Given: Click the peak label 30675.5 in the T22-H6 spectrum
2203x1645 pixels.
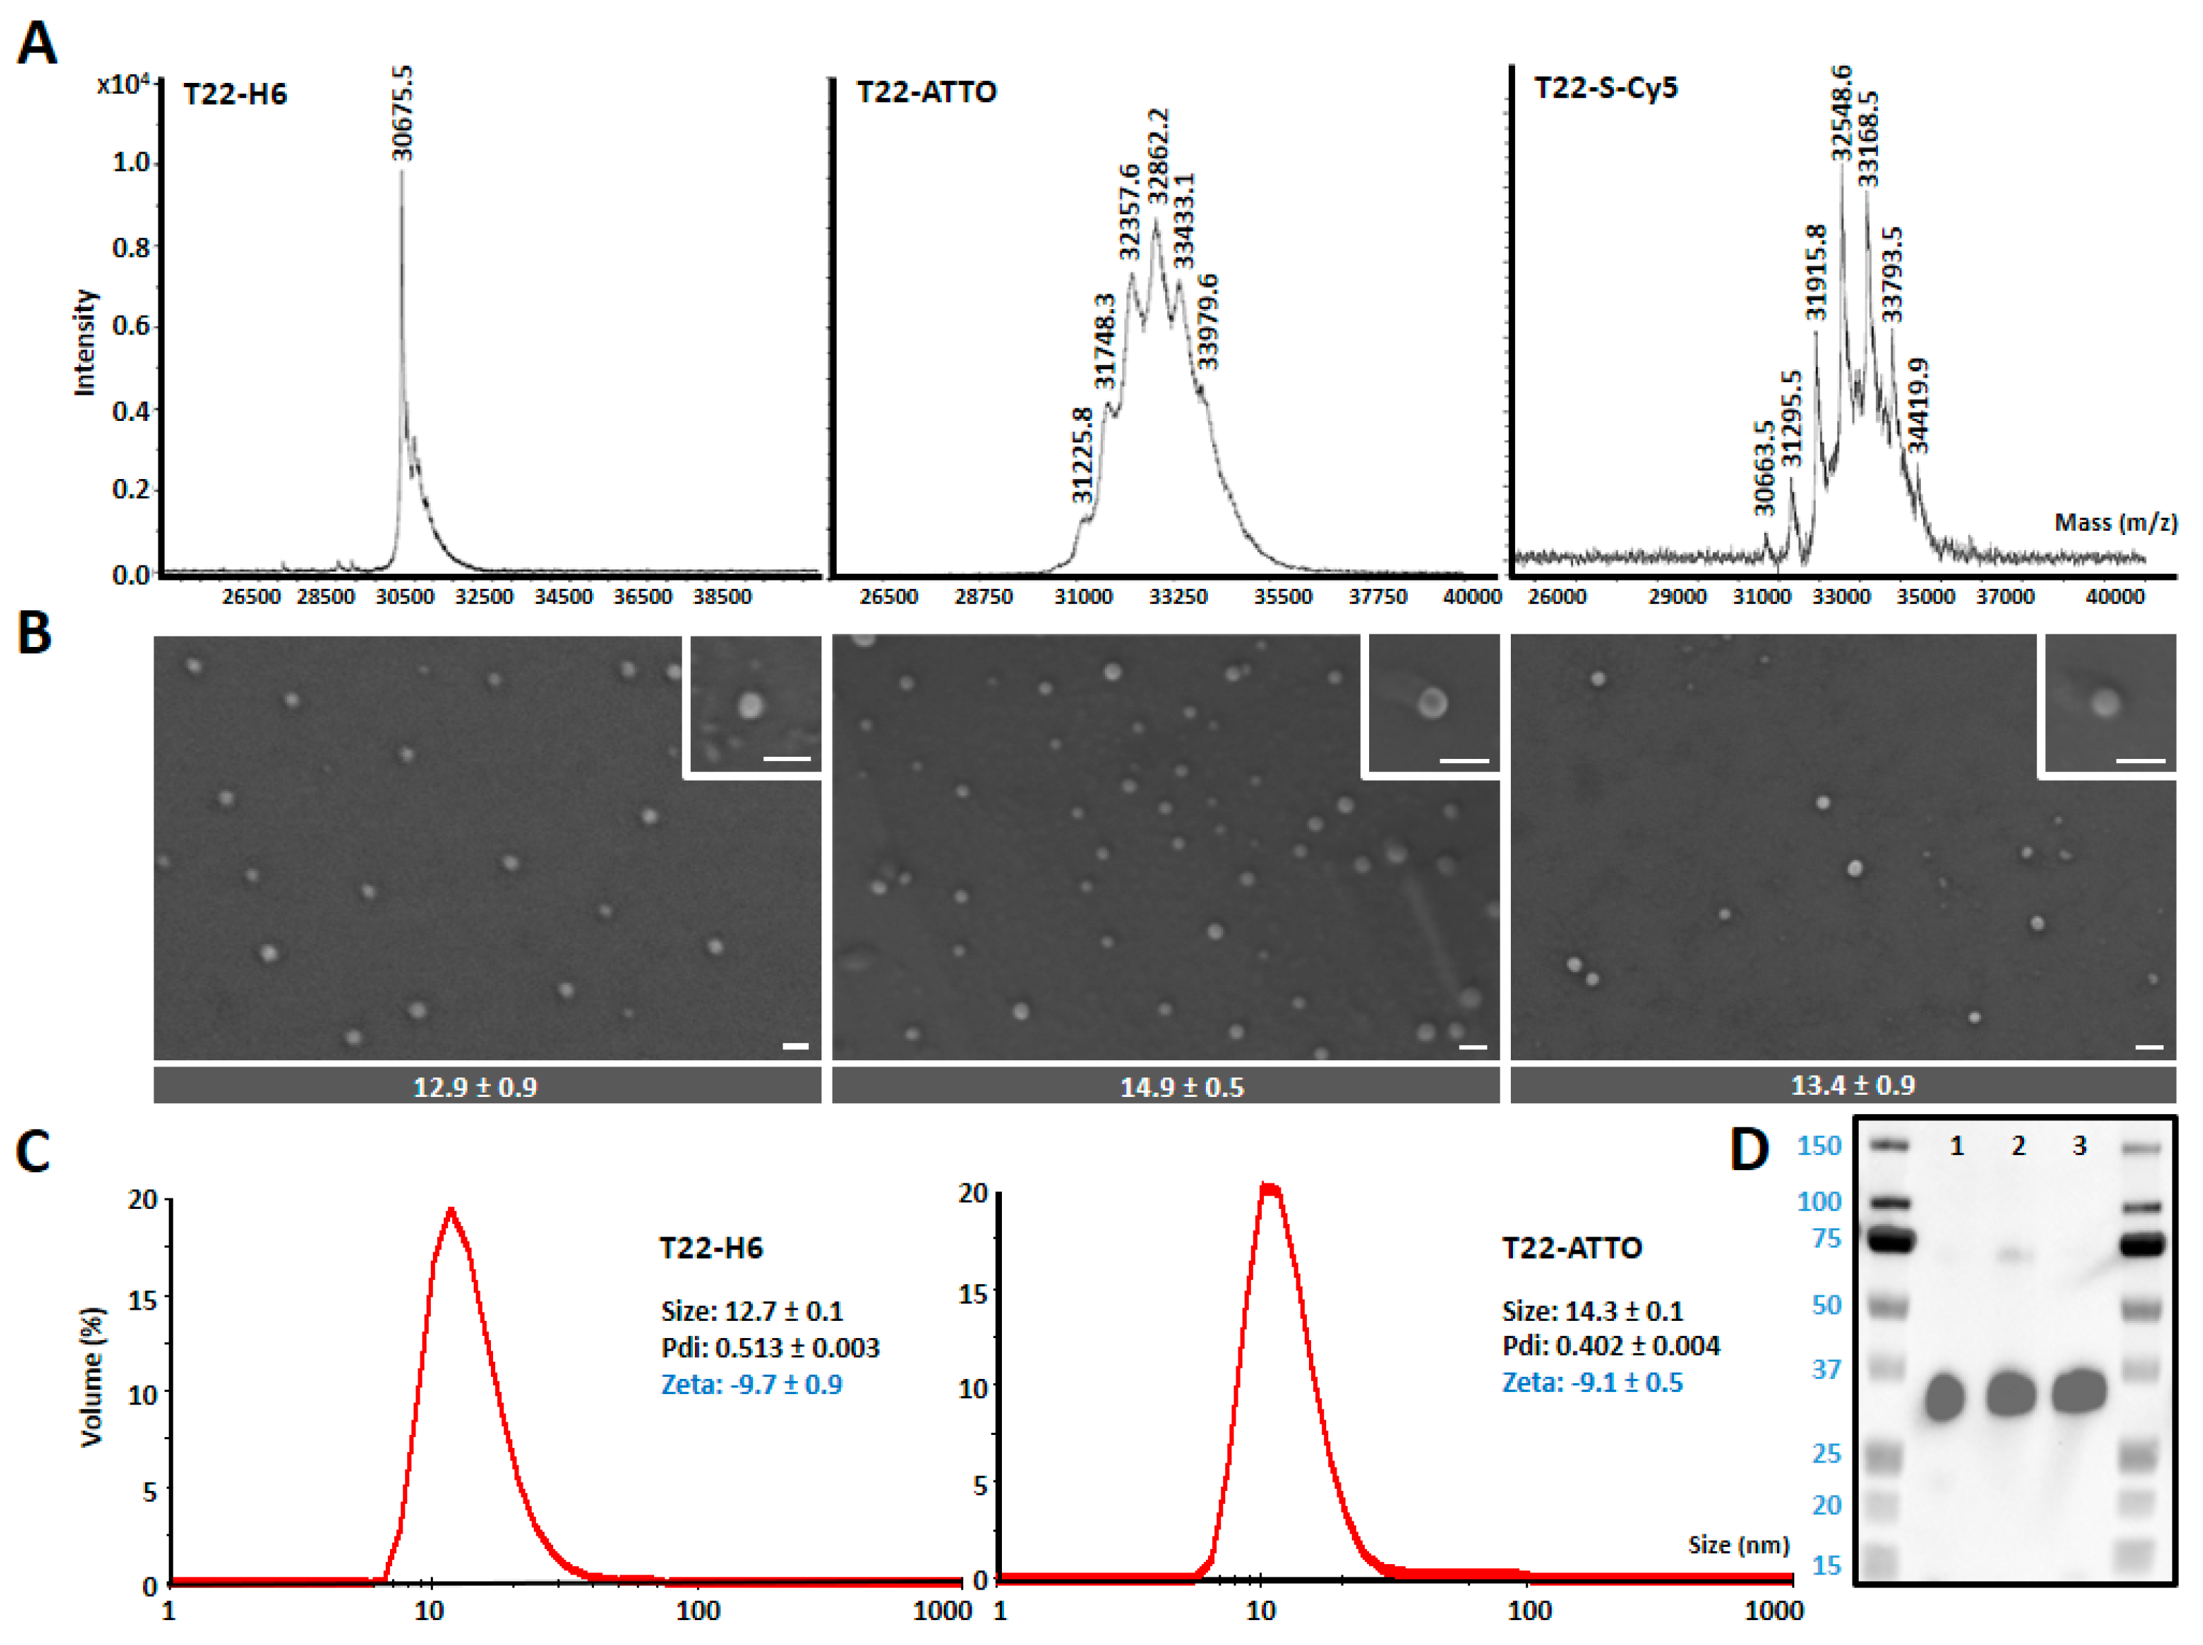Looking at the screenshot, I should (402, 113).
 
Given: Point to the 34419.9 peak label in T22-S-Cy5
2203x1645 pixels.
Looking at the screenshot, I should (1918, 406).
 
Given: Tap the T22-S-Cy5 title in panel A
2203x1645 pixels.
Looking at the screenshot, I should (1606, 88).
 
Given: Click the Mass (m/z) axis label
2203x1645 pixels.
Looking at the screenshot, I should (2114, 523).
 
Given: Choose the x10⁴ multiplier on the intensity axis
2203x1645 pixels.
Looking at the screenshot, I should (124, 84).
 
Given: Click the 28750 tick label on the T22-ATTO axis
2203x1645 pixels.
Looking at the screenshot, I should (983, 596).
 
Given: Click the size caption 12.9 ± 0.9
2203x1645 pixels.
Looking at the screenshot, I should (475, 1087).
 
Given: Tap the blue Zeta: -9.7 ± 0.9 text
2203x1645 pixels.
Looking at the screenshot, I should (752, 1384).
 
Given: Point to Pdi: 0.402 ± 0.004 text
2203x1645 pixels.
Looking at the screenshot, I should (1610, 1346).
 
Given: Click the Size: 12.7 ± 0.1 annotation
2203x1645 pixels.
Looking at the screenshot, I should (752, 1310).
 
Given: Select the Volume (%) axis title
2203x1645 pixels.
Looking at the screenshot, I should (92, 1377).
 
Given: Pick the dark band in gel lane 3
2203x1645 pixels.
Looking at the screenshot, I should (2079, 1392).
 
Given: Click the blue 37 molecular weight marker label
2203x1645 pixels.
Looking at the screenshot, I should (1825, 1369).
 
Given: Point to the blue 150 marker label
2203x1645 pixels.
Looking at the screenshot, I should (1819, 1146).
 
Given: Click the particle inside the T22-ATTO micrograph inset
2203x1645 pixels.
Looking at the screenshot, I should (1432, 703).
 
